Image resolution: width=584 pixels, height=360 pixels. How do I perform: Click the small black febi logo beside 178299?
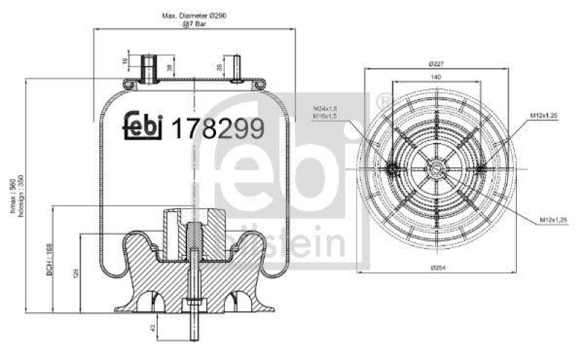click(x=143, y=125)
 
